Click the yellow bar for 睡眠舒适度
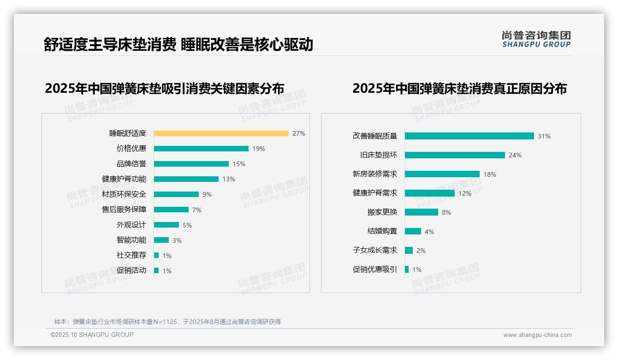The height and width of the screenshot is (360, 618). point(221,133)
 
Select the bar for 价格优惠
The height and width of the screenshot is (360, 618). point(201,149)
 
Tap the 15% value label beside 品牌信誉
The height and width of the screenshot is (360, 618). point(239,164)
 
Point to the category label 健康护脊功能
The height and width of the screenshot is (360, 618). point(124,179)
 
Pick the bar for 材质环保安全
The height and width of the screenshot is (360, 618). point(176,194)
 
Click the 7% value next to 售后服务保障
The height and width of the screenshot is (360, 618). point(197,210)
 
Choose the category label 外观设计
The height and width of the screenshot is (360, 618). point(131,225)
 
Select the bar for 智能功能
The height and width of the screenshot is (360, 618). point(161,240)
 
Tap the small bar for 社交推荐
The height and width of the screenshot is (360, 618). point(156,255)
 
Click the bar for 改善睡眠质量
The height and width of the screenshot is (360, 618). point(469,136)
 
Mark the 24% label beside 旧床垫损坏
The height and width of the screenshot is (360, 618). point(515,156)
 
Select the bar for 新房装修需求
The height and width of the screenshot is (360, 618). point(442,174)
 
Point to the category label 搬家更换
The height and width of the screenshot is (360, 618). point(382,212)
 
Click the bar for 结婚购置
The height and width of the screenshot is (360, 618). point(413,231)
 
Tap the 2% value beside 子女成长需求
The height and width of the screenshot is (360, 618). point(421,251)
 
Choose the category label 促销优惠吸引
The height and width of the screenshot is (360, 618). point(374,270)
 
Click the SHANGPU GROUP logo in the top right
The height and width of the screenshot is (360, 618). point(536,39)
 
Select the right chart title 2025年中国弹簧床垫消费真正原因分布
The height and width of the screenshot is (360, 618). point(459,88)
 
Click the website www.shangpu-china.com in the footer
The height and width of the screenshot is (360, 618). point(537,335)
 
